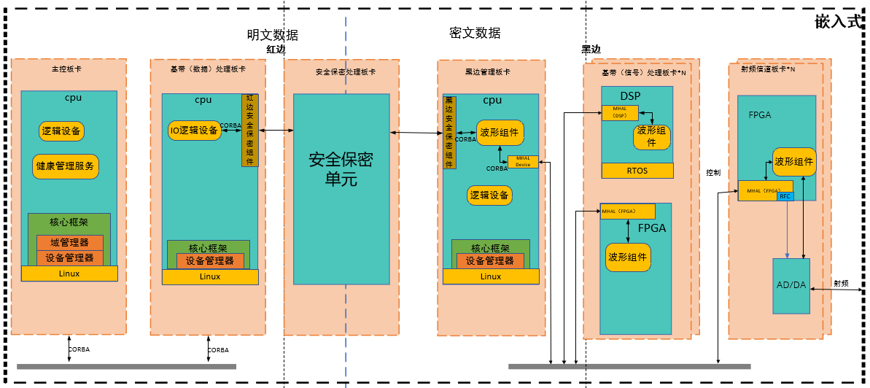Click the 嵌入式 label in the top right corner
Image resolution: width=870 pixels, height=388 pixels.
(x=839, y=22)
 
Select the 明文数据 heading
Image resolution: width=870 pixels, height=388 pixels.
(x=272, y=35)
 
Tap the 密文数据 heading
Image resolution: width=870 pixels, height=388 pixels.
(x=475, y=33)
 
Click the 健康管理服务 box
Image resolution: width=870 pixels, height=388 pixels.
(x=66, y=166)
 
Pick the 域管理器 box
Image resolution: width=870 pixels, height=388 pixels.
(x=70, y=243)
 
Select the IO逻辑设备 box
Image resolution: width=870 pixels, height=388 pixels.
(x=194, y=131)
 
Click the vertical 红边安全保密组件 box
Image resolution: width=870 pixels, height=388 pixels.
(x=249, y=130)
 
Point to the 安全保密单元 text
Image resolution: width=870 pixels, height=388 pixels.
(x=341, y=168)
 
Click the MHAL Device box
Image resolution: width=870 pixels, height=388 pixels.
(x=523, y=162)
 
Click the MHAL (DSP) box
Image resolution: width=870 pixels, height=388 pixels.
(x=620, y=112)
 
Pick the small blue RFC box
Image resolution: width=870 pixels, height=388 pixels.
(x=785, y=196)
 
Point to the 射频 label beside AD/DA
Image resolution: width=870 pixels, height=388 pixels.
(x=841, y=283)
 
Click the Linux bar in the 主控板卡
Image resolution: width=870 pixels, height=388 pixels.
(x=69, y=273)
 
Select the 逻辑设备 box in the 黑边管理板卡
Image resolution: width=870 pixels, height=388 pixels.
(x=490, y=195)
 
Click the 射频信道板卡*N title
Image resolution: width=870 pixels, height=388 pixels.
(x=767, y=69)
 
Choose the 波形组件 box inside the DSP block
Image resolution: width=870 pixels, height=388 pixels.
(x=651, y=136)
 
